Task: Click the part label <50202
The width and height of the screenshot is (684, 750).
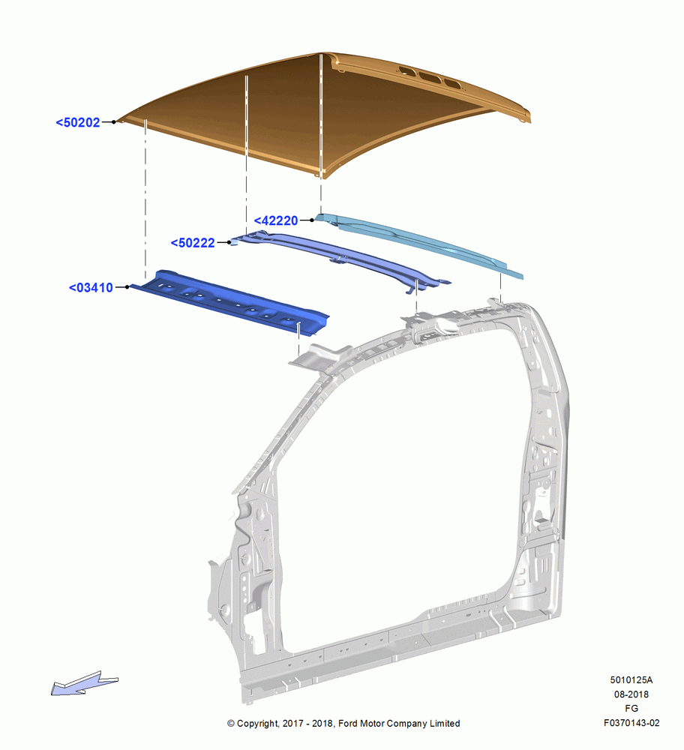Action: (x=78, y=122)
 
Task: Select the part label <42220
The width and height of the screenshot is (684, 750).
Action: (x=276, y=220)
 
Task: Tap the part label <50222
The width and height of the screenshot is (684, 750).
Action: (x=193, y=243)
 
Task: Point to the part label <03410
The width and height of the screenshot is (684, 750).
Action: (x=91, y=287)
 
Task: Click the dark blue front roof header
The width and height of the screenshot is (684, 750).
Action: (x=229, y=301)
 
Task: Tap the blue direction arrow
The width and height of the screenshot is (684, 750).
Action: (x=84, y=683)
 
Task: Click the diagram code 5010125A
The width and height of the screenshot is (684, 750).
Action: (x=631, y=680)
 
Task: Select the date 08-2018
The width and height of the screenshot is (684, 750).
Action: (x=631, y=694)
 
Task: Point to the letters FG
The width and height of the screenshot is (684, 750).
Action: (x=631, y=709)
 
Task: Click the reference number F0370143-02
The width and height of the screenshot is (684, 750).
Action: (x=631, y=723)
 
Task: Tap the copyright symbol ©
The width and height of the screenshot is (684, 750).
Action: (x=231, y=724)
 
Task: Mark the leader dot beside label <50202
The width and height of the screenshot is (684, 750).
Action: (x=114, y=122)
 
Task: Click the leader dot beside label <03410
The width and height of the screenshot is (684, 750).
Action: (x=127, y=287)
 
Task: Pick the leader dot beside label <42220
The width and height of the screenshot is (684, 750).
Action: (x=312, y=220)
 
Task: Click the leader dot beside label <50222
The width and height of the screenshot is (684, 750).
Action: (x=229, y=242)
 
